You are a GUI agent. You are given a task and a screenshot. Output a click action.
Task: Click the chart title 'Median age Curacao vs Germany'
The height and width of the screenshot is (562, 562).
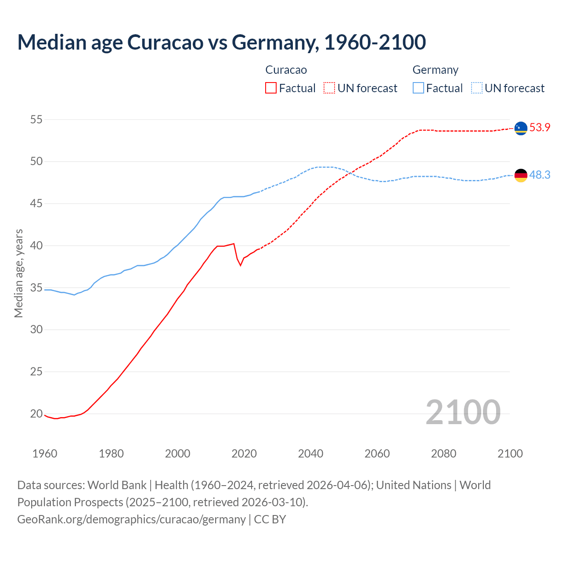pyautogui.click(x=221, y=42)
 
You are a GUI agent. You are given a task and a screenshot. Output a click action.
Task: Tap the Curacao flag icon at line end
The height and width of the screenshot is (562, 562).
pyautogui.click(x=521, y=128)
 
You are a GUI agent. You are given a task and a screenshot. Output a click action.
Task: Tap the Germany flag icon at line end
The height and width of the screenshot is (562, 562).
pyautogui.click(x=521, y=175)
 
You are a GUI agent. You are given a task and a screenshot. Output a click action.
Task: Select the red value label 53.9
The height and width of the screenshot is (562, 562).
pyautogui.click(x=540, y=128)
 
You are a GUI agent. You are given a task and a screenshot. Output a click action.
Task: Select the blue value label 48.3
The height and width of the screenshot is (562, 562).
pyautogui.click(x=540, y=175)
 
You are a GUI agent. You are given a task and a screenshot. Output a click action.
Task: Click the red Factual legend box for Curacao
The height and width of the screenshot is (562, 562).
pyautogui.click(x=271, y=88)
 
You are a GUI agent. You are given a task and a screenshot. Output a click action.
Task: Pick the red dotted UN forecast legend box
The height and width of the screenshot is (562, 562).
pyautogui.click(x=329, y=88)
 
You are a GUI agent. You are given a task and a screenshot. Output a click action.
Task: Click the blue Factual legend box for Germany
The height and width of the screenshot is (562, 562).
pyautogui.click(x=418, y=88)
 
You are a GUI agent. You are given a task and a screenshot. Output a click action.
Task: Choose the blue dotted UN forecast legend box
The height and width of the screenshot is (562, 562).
pyautogui.click(x=476, y=88)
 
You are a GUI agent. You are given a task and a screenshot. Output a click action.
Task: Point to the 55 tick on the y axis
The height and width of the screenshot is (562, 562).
pyautogui.click(x=36, y=119)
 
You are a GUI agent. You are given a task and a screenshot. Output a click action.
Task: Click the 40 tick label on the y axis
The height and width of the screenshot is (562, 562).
pyautogui.click(x=36, y=245)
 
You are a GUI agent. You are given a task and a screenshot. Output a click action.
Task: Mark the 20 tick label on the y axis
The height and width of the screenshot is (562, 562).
pyautogui.click(x=36, y=414)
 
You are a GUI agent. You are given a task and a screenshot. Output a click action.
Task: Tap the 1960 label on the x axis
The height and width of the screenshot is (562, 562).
pyautogui.click(x=45, y=454)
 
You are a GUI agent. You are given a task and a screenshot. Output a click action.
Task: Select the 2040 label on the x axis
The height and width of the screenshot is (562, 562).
pyautogui.click(x=310, y=454)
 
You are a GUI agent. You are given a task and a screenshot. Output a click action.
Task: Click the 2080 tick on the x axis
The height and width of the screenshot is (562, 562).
pyautogui.click(x=443, y=454)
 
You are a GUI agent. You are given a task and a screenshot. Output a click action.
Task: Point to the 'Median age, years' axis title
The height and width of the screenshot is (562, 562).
pyautogui.click(x=18, y=273)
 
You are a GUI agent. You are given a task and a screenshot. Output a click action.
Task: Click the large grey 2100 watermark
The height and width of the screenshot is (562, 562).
pyautogui.click(x=463, y=412)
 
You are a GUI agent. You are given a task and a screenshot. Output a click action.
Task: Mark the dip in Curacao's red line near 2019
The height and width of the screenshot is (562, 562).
pyautogui.click(x=240, y=265)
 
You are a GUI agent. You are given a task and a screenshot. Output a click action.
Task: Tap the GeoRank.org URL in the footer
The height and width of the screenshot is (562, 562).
pyautogui.click(x=131, y=519)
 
